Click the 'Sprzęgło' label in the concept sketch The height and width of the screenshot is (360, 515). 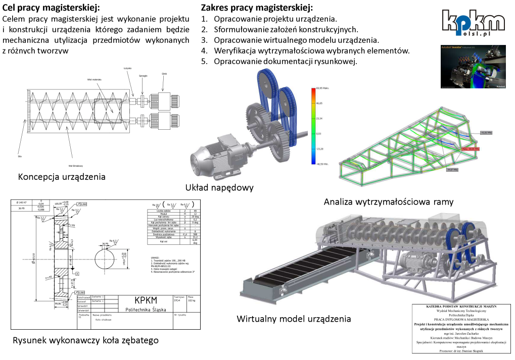(x=143, y=76)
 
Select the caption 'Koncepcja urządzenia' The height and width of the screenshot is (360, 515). (x=62, y=177)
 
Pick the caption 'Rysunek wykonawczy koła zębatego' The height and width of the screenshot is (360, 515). (x=85, y=340)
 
